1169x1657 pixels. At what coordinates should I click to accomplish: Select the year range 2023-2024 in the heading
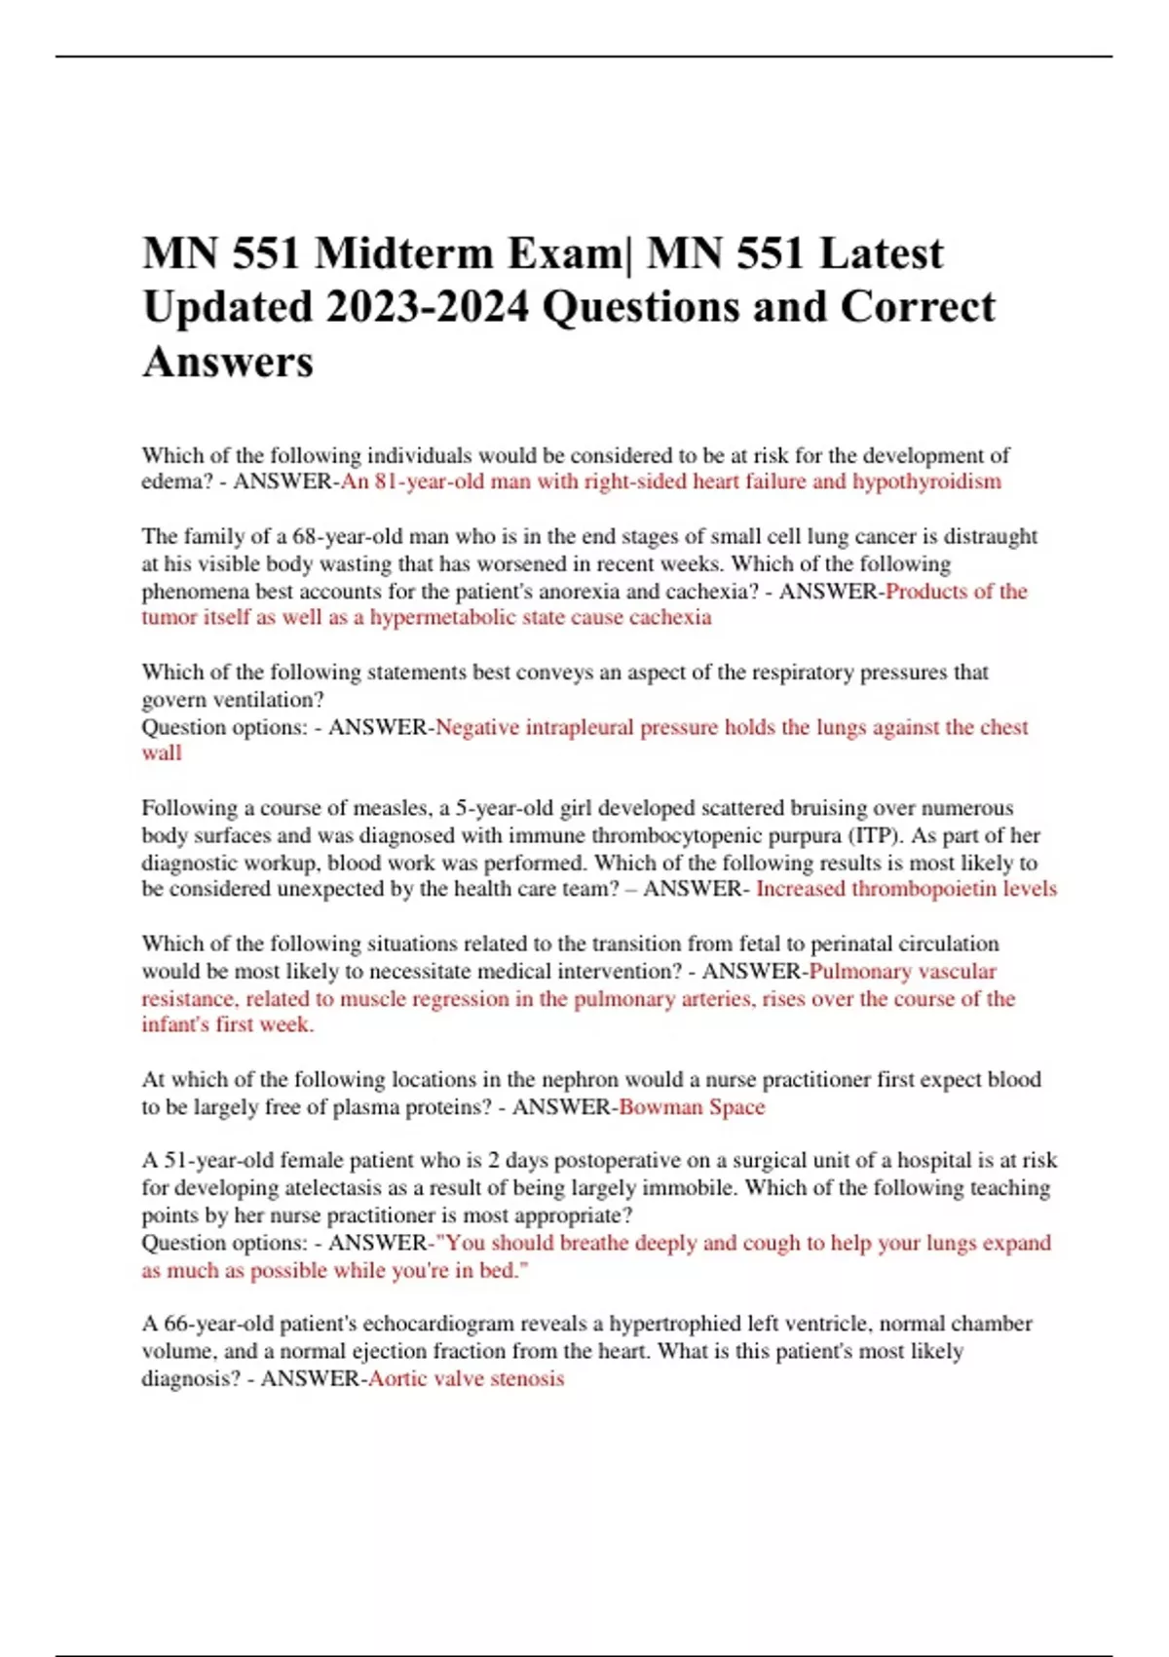click(429, 308)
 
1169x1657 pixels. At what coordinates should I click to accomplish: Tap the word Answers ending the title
click(228, 363)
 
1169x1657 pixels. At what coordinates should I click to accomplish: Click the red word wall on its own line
click(162, 753)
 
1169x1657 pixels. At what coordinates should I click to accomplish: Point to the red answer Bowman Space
click(692, 1107)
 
